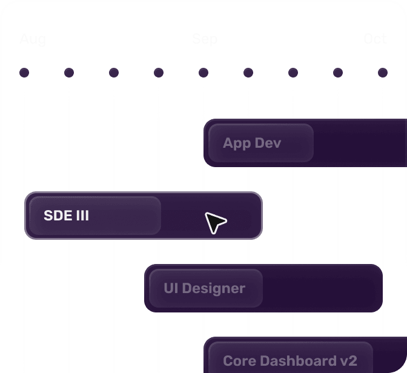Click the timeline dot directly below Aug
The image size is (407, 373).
click(x=24, y=73)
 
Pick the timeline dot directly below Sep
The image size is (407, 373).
click(x=203, y=73)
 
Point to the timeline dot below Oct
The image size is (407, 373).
click(x=383, y=73)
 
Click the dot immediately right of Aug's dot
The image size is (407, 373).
click(x=69, y=73)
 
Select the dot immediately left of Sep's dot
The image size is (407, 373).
click(x=159, y=73)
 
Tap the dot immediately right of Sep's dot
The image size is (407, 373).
click(x=248, y=73)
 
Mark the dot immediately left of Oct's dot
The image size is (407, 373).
click(x=338, y=73)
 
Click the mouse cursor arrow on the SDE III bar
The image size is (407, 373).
click(x=214, y=222)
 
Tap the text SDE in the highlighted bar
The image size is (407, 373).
click(x=57, y=216)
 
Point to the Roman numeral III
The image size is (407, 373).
click(x=82, y=216)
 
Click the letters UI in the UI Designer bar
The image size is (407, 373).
click(x=170, y=288)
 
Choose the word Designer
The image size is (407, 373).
click(x=213, y=288)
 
